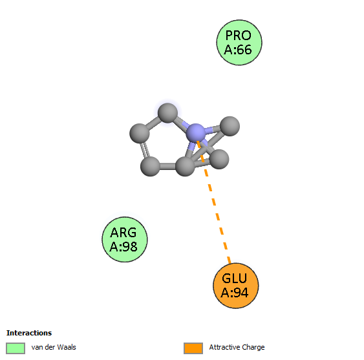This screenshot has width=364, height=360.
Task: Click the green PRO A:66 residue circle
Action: [x=239, y=43]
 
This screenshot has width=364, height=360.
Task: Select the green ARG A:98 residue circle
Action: [x=125, y=239]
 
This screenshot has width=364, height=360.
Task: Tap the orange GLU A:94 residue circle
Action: [x=235, y=286]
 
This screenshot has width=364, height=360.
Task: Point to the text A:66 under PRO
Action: [x=238, y=50]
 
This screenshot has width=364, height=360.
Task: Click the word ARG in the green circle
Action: [x=123, y=233]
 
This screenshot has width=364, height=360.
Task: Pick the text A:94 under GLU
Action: [x=235, y=292]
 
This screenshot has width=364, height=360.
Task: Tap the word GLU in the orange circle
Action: [x=234, y=279]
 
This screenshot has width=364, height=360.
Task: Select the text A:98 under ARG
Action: [x=123, y=246]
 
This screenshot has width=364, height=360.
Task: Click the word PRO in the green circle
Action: [x=239, y=36]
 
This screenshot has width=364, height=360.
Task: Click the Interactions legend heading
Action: [x=29, y=333]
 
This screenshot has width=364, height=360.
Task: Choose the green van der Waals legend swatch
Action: [x=16, y=348]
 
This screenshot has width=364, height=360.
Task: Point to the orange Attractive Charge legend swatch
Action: [x=193, y=348]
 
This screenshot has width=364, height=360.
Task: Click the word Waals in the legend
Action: [x=67, y=347]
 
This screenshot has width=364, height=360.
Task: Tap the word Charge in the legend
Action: [x=253, y=348]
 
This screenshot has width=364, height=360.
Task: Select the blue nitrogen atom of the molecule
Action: [x=196, y=133]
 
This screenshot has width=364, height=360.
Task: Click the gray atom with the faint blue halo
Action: [x=167, y=113]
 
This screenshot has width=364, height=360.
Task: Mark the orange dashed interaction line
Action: [x=213, y=202]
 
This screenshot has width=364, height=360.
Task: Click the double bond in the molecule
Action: [x=145, y=150]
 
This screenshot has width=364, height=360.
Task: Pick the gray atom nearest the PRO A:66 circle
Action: [x=230, y=126]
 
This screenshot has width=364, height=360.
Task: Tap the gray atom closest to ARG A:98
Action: [x=150, y=166]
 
